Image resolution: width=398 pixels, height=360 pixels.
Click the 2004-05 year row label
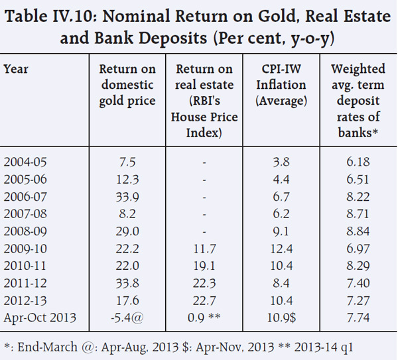point(26,161)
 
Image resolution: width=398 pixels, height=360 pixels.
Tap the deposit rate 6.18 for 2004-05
point(358,161)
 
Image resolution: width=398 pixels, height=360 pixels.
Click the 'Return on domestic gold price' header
point(127,85)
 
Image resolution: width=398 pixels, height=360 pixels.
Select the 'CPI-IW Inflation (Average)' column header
point(283,85)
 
